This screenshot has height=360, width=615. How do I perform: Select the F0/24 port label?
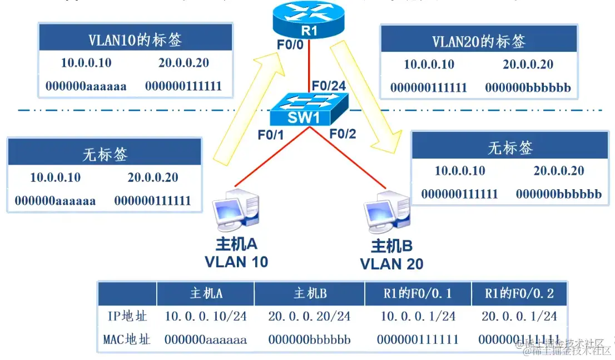[329, 86]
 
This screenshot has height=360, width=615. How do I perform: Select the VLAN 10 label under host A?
[236, 262]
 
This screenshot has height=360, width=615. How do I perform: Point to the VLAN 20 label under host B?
[391, 264]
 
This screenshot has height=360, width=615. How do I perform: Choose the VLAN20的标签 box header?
[478, 41]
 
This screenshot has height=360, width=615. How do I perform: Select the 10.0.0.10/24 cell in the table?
[206, 316]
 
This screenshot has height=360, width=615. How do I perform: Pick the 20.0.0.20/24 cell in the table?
[309, 316]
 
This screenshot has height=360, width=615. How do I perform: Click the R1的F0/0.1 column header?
[418, 293]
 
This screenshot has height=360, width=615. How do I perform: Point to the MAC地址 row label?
[127, 339]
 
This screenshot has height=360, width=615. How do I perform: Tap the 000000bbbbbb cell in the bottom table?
[309, 339]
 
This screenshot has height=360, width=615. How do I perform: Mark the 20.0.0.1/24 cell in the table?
[519, 316]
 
